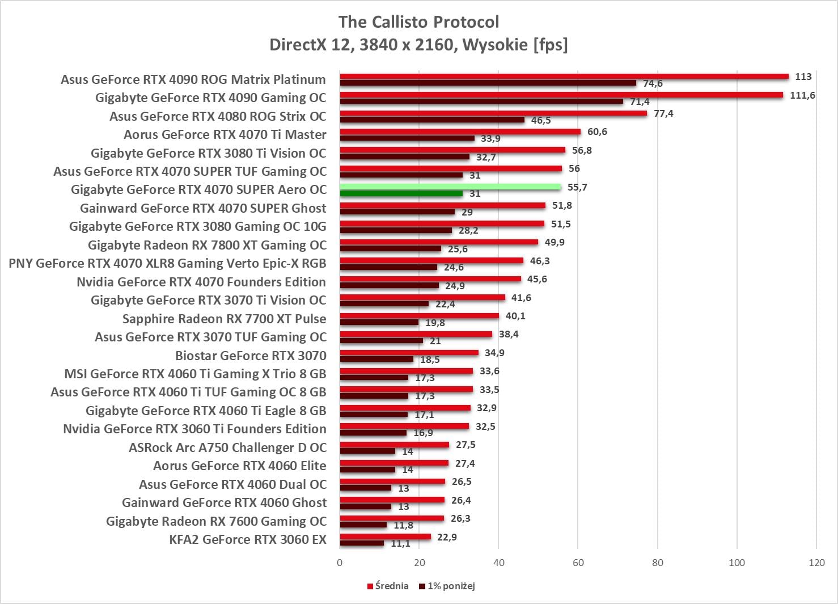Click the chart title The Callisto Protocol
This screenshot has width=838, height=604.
[x=418, y=22]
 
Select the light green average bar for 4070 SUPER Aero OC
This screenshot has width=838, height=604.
[x=450, y=187]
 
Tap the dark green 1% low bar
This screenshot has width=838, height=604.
[x=401, y=194]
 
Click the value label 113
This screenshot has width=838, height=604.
[x=803, y=77]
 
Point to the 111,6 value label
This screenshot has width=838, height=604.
[x=802, y=95]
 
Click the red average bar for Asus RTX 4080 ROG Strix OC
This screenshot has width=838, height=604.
[x=493, y=113]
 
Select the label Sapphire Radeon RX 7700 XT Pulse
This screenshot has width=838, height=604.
[x=224, y=319]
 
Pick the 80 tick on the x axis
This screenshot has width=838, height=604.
[x=658, y=563]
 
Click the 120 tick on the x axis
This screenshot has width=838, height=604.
[x=816, y=563]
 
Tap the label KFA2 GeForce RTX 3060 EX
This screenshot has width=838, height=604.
[x=248, y=539]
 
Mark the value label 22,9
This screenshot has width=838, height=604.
[x=447, y=537]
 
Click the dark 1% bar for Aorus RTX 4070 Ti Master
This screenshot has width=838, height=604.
[x=407, y=138]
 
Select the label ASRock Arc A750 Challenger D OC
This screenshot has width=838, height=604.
[x=227, y=447]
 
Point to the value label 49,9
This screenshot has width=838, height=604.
[x=555, y=242]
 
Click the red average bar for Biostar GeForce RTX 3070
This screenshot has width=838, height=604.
[x=409, y=353]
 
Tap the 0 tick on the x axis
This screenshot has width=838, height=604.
[x=340, y=563]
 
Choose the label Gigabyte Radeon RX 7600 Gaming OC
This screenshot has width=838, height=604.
[x=216, y=521]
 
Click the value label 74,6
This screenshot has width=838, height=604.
[x=653, y=84]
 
